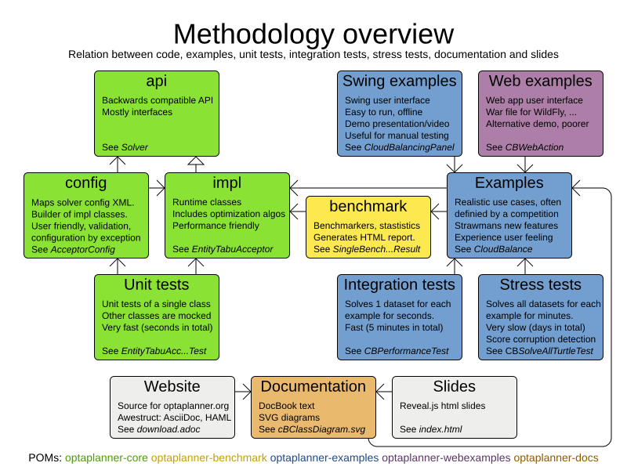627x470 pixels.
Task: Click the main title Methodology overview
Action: coord(313,34)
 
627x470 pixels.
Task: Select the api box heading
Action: coord(156,81)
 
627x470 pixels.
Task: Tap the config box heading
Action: coord(85,183)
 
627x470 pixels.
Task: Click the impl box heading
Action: coord(227,183)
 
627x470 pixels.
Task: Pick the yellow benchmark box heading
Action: coord(368,207)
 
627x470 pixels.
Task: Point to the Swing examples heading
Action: coord(399,81)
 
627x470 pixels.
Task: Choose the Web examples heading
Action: coord(540,81)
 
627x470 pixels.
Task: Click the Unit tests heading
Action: coord(156,285)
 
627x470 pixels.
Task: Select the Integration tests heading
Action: coord(399,285)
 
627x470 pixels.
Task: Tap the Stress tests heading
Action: coord(540,285)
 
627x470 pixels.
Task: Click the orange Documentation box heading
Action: coord(313,387)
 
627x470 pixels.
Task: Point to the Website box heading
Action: coord(172,387)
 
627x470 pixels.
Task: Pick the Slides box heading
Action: coord(454,387)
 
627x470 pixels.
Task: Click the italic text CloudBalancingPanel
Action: coord(409,148)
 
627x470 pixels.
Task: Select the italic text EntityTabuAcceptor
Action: coord(233,250)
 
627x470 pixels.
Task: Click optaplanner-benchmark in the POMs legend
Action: coord(208,458)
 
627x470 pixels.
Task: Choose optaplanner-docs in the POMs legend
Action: coord(556,458)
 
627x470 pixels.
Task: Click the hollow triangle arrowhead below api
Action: coord(195,161)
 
